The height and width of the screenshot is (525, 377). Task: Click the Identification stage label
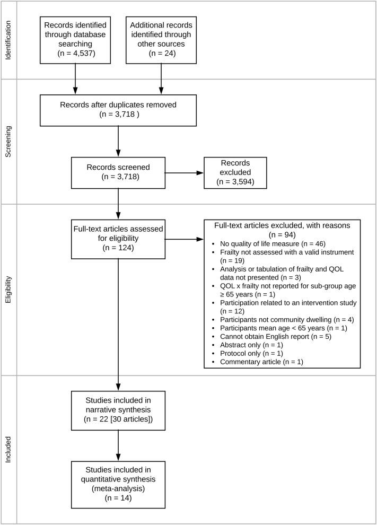coord(8,40)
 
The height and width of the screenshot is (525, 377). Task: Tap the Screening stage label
coord(8,139)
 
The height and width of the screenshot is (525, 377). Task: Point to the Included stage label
coord(8,441)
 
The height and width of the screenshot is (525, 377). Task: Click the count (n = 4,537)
coord(76,54)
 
